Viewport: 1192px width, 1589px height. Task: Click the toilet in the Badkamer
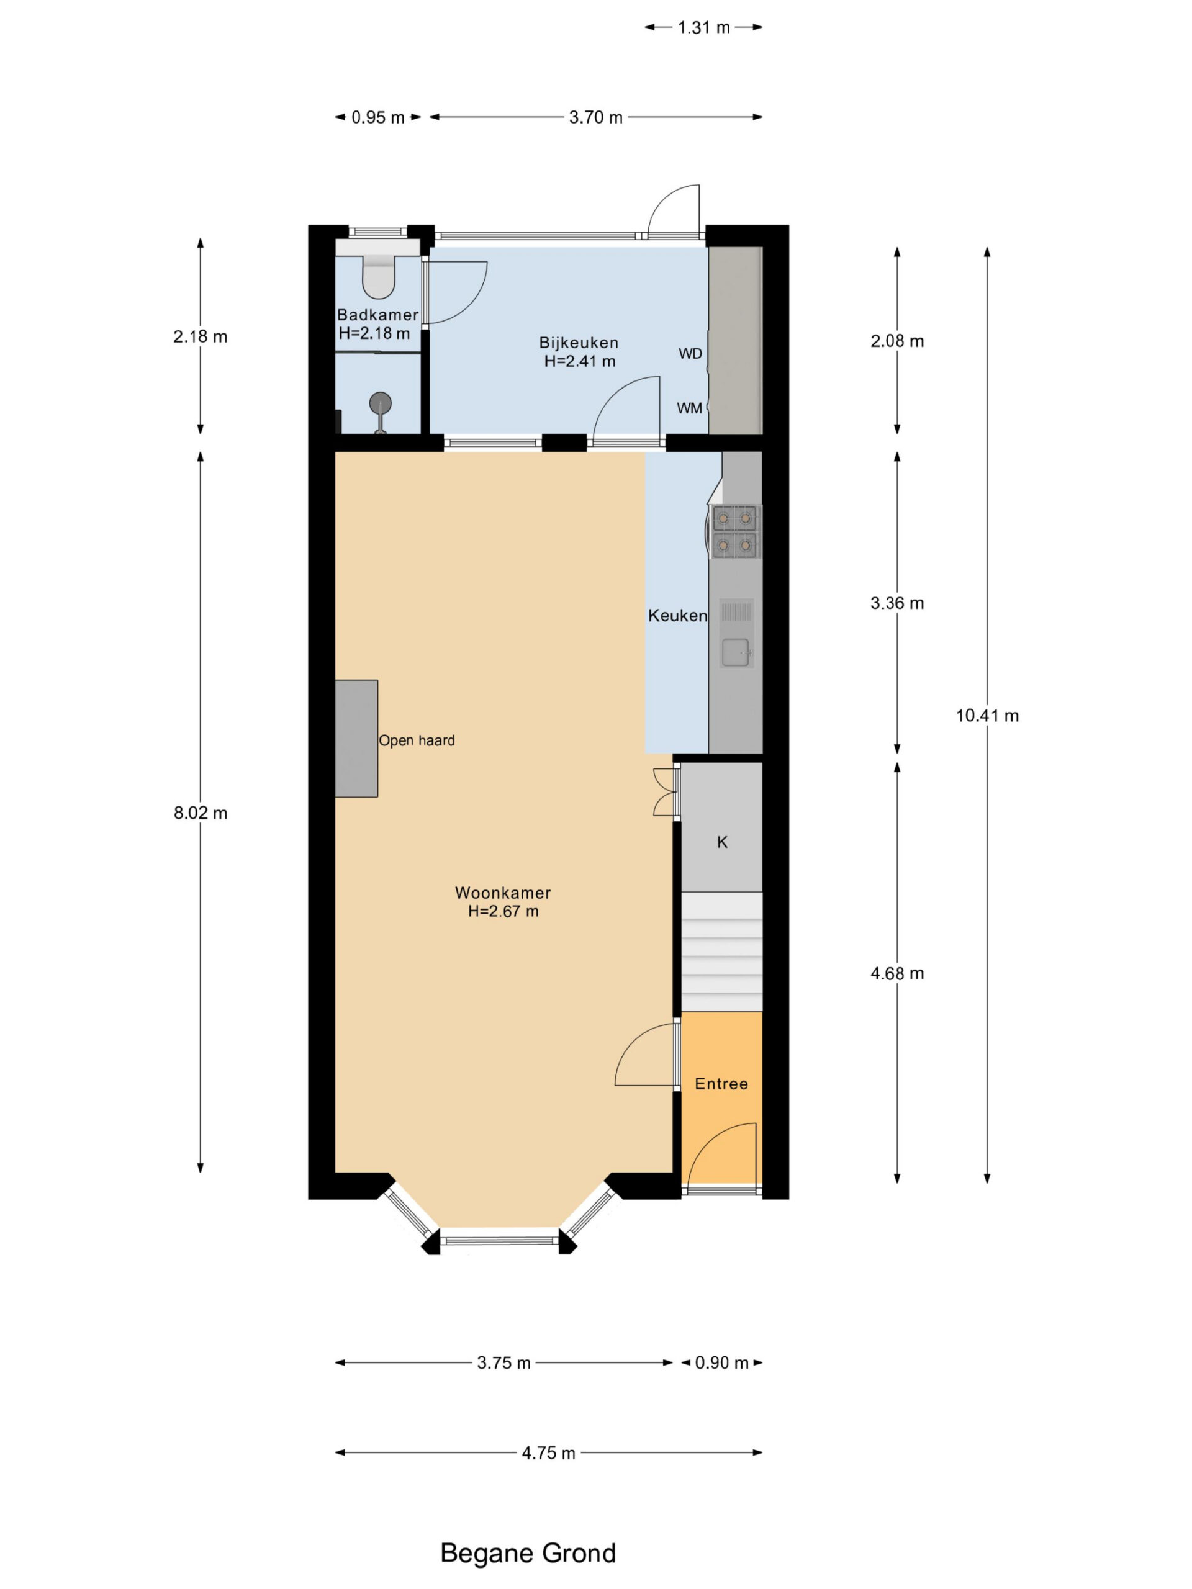click(378, 277)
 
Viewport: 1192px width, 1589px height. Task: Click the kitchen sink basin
click(735, 652)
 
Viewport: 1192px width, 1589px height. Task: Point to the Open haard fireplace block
click(356, 739)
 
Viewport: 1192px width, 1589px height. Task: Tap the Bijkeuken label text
click(579, 343)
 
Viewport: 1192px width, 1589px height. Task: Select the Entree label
click(721, 1084)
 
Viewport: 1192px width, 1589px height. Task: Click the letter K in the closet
click(722, 842)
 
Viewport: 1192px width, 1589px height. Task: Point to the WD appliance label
click(690, 353)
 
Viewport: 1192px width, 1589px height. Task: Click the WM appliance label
click(689, 408)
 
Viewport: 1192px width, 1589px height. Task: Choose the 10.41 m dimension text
click(987, 716)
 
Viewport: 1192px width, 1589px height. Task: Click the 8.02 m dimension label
click(201, 813)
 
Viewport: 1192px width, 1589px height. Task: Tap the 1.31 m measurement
click(703, 27)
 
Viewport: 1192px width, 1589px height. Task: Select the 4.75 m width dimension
click(548, 1452)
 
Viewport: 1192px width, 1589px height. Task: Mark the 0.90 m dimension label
click(721, 1362)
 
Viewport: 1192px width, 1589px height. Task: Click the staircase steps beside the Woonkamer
click(721, 952)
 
